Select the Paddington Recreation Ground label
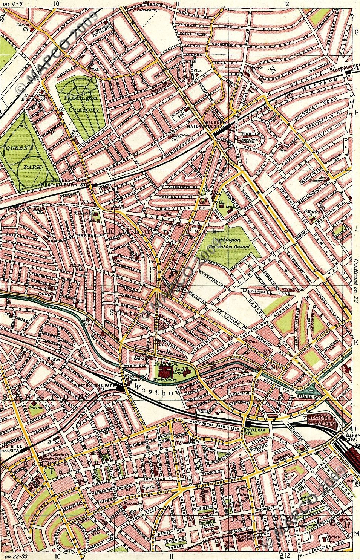pyautogui.click(x=231, y=243)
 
